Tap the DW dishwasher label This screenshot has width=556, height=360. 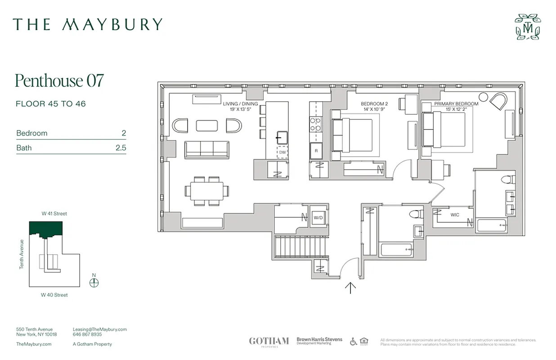click(282, 152)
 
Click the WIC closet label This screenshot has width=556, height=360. click(455, 215)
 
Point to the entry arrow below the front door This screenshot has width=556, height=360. click(350, 288)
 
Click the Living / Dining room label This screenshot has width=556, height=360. click(241, 104)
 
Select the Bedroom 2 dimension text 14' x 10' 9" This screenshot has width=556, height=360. click(374, 109)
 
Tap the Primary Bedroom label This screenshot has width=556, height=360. click(456, 104)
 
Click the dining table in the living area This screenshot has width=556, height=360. click(206, 191)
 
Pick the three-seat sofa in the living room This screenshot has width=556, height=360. click(206, 149)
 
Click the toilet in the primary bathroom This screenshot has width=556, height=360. click(508, 180)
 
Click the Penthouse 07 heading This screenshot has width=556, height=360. click(59, 81)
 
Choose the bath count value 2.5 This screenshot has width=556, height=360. click(121, 148)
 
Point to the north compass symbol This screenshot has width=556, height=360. click(94, 283)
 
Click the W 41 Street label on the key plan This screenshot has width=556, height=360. click(54, 214)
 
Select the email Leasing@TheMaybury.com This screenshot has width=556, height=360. click(99, 329)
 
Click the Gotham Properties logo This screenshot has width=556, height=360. click(269, 341)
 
